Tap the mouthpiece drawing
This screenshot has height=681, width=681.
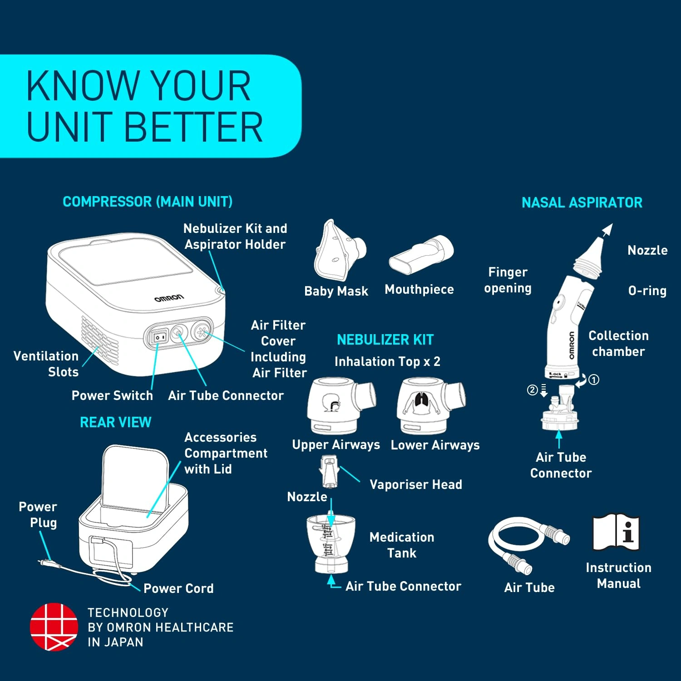tap(421, 255)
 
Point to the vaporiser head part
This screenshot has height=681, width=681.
tap(329, 472)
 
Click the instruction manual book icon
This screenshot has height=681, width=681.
tap(616, 532)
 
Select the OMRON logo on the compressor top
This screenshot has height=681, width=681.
tap(169, 298)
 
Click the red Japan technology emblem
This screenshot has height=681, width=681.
tap(54, 627)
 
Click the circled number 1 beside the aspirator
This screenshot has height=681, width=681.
tap(594, 380)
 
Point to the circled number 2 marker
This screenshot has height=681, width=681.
tap(533, 390)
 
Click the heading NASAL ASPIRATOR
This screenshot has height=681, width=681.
tap(582, 202)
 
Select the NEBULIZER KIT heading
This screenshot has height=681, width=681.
tap(385, 340)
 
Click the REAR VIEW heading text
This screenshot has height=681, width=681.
tap(116, 422)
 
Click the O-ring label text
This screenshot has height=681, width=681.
tap(647, 291)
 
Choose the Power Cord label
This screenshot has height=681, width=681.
tap(178, 588)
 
